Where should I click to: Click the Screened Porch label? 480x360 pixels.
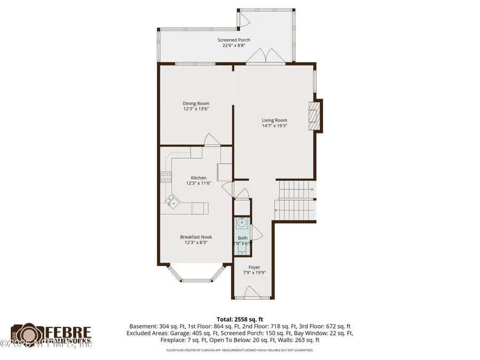coord(234,40)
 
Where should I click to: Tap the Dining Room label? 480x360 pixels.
coord(196,103)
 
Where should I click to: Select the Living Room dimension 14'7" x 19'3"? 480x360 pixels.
coord(274,126)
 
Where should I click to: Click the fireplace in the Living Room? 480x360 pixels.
coord(315,115)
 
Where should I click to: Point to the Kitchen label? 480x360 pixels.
coord(198,178)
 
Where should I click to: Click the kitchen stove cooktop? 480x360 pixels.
coord(166,177)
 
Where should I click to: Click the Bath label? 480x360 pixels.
coord(243,238)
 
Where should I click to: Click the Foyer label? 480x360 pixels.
coord(254,267)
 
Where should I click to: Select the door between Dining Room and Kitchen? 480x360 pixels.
coord(212,140)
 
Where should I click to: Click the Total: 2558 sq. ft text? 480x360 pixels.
coord(240,319)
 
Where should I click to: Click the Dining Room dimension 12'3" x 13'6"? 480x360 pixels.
coord(196,109)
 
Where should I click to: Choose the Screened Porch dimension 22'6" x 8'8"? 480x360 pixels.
coord(234,45)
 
